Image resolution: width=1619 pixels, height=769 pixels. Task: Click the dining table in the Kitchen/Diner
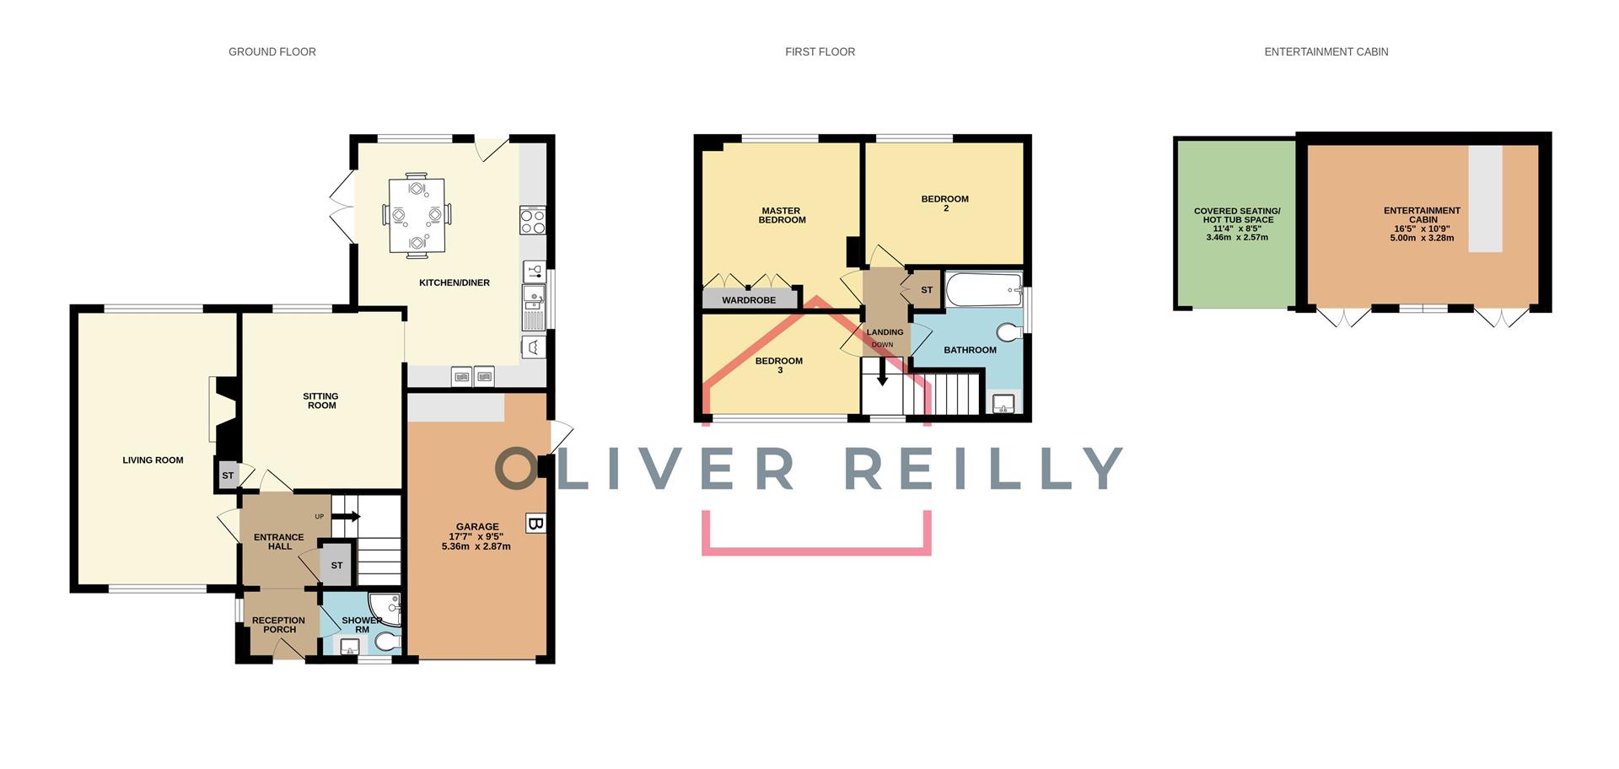pyautogui.click(x=417, y=215)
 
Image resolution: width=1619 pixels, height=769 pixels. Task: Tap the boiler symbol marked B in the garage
pyautogui.click(x=535, y=523)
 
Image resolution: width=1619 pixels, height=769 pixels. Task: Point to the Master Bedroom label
pyautogui.click(x=782, y=216)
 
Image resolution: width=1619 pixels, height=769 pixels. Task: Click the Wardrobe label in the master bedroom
pyautogui.click(x=749, y=300)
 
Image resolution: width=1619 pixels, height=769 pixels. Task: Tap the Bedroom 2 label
pyautogui.click(x=945, y=203)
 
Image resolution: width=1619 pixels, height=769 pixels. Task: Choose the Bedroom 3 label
pyautogui.click(x=779, y=365)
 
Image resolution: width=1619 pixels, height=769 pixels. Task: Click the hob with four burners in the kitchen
pyautogui.click(x=533, y=221)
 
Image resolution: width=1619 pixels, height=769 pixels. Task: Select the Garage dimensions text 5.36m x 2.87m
pyautogui.click(x=476, y=546)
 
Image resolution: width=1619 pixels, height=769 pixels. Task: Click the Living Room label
pyautogui.click(x=153, y=460)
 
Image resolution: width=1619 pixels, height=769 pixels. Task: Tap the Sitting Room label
pyautogui.click(x=321, y=401)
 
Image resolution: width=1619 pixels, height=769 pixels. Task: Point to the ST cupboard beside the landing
pyautogui.click(x=925, y=290)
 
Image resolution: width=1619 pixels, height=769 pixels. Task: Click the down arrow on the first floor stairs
pyautogui.click(x=882, y=372)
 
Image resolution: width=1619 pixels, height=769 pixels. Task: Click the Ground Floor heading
pyautogui.click(x=272, y=52)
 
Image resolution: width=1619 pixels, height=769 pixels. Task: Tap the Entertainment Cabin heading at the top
pyautogui.click(x=1326, y=52)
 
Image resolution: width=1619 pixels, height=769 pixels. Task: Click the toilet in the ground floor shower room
pyautogui.click(x=388, y=643)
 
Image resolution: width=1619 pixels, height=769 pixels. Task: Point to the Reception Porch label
pyautogui.click(x=279, y=625)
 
